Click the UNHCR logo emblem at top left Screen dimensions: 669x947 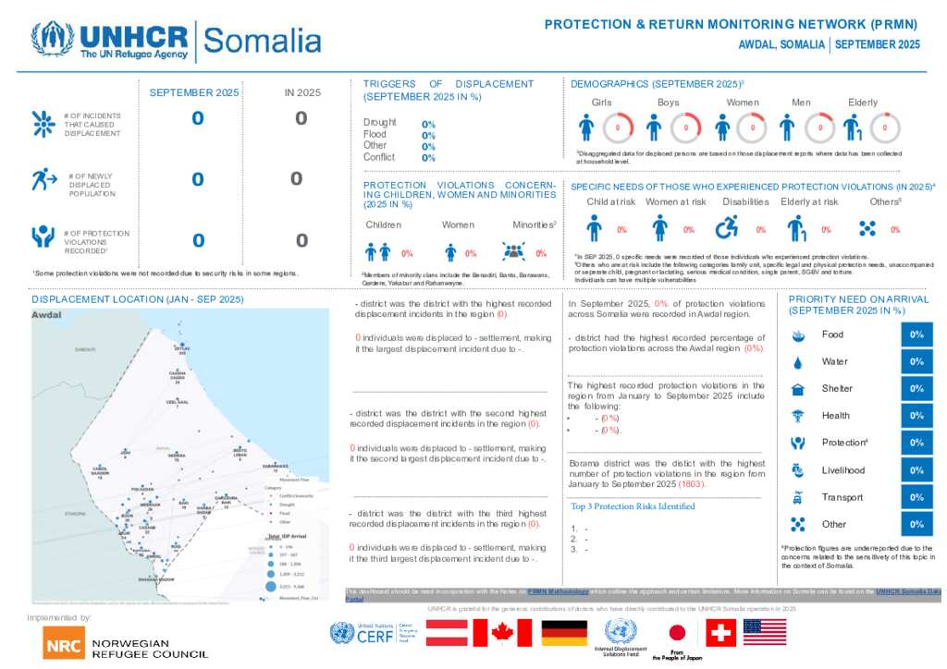(52, 40)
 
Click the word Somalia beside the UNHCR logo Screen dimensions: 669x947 (262, 41)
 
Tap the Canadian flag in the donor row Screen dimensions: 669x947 (502, 633)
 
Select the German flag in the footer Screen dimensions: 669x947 (563, 633)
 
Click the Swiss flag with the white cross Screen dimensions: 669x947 (720, 633)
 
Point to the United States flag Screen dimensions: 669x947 (765, 632)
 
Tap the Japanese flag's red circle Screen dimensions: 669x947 (676, 633)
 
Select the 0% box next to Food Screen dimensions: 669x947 (916, 334)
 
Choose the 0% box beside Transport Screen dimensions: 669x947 (916, 497)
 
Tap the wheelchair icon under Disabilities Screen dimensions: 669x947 (727, 227)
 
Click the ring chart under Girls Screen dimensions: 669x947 (617, 128)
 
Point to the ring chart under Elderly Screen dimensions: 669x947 (885, 128)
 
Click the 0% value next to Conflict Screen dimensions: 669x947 (428, 157)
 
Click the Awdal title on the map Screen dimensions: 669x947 (46, 315)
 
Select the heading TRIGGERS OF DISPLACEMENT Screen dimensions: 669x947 (449, 90)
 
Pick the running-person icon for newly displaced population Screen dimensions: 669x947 (43, 179)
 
